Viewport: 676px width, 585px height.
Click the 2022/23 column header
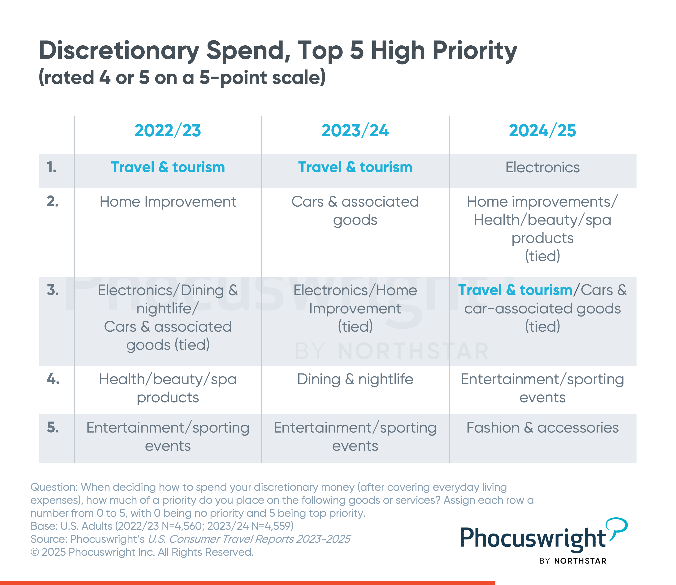point(168,130)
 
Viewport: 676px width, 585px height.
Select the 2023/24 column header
point(355,130)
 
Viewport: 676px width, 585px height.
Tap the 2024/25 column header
point(542,130)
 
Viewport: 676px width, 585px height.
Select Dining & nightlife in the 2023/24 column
point(355,379)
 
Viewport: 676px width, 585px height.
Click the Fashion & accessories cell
point(542,428)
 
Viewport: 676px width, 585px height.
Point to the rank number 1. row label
point(52,167)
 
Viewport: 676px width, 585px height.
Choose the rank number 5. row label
point(53,428)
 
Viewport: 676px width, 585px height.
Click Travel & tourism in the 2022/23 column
point(168,167)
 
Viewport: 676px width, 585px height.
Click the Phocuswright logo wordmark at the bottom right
point(533,538)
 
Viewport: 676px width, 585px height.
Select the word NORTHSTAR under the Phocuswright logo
point(580,561)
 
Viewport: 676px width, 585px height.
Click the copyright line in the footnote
point(142,552)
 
